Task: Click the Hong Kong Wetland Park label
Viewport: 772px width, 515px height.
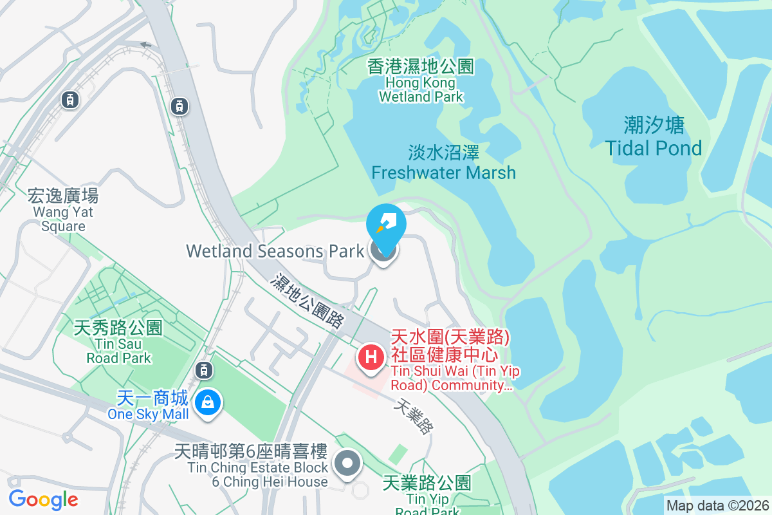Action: click(421, 82)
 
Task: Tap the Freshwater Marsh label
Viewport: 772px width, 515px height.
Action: click(444, 163)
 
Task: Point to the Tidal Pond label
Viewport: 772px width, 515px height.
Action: click(654, 136)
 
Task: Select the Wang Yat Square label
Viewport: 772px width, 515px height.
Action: click(63, 210)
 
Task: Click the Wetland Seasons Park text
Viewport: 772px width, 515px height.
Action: click(275, 251)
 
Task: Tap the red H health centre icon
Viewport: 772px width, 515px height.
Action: click(371, 358)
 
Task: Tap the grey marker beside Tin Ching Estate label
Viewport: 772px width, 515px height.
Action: click(348, 463)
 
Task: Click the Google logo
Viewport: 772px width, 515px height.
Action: click(43, 499)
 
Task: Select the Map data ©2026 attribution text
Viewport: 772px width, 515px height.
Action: click(717, 506)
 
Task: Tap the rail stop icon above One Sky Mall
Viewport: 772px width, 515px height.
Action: click(203, 370)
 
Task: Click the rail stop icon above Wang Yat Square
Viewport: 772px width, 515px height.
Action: click(69, 99)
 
